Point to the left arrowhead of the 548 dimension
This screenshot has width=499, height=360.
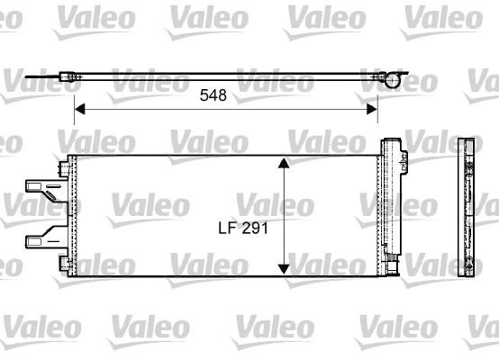click(78, 109)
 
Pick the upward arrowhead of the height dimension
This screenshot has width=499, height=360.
click(284, 163)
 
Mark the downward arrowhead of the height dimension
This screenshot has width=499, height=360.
click(284, 267)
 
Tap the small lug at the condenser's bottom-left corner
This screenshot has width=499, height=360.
click(62, 263)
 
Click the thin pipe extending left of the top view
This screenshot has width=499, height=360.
click(41, 79)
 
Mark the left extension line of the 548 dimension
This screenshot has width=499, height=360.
click(73, 99)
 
